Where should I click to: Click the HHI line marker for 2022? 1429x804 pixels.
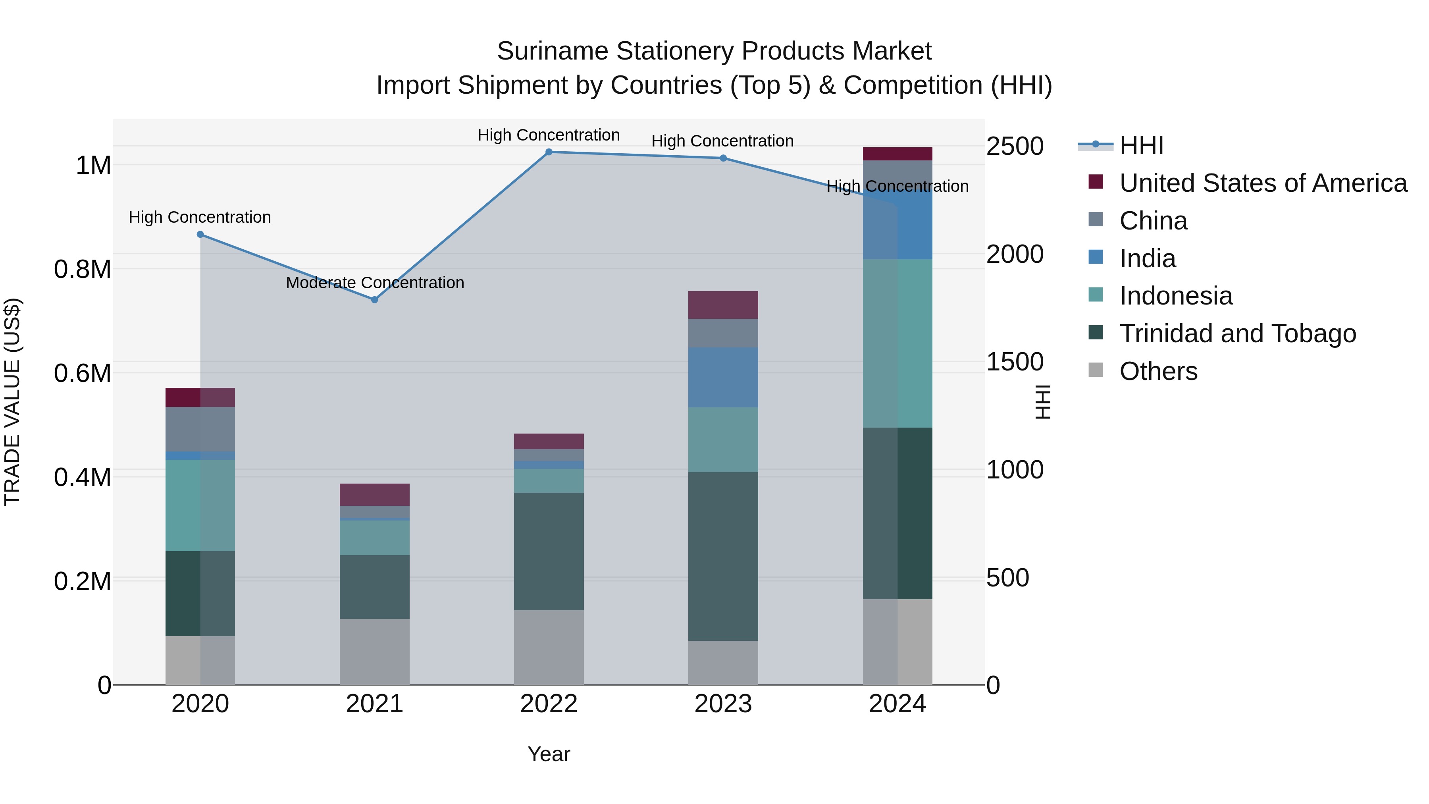[549, 152]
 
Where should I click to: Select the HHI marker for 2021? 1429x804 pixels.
[374, 300]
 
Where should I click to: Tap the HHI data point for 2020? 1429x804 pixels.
[200, 235]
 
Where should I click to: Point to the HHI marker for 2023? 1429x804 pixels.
[723, 158]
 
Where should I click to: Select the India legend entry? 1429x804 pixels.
[1147, 258]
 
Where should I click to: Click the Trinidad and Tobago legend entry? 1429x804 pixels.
[1237, 334]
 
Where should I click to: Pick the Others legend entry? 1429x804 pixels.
[1158, 371]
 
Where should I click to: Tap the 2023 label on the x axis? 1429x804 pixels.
[723, 704]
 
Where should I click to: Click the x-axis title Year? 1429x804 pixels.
[549, 754]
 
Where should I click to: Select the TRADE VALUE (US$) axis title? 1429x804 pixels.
[12, 402]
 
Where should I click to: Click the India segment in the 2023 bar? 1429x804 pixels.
[723, 377]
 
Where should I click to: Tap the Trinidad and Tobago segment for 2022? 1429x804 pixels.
[549, 551]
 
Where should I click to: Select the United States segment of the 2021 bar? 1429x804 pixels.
[374, 494]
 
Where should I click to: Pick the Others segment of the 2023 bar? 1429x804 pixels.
[723, 663]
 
